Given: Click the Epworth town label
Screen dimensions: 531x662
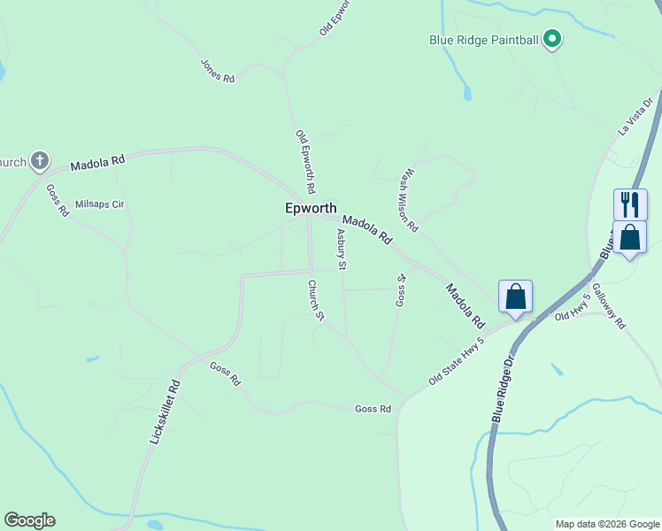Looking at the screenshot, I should click(x=311, y=209).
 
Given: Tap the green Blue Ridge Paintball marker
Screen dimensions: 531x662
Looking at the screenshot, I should click(x=553, y=39).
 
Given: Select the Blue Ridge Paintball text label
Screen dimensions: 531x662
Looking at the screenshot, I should click(x=484, y=40).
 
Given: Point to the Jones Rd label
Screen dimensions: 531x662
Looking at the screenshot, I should click(x=218, y=71).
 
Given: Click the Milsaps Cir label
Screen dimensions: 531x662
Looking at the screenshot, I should click(x=100, y=204).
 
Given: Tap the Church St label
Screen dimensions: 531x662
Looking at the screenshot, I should click(x=316, y=301).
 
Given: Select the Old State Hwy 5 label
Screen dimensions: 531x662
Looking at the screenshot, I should click(x=457, y=360).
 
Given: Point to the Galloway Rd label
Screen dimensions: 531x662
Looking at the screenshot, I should click(x=609, y=306).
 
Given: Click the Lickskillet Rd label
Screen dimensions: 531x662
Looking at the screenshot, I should click(x=165, y=412).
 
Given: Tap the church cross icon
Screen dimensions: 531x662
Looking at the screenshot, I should click(x=39, y=161).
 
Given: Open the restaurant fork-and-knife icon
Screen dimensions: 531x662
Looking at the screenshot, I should click(x=629, y=204).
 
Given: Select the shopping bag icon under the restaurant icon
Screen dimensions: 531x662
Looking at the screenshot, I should click(x=629, y=237).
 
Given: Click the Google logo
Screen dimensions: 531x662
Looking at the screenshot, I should click(x=29, y=520).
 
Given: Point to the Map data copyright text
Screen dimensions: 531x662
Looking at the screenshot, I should click(x=607, y=524).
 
